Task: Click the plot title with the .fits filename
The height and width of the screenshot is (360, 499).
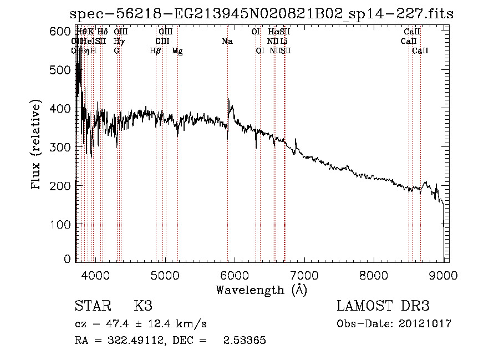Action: coord(262,14)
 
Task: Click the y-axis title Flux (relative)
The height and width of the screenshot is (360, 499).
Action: coord(37,146)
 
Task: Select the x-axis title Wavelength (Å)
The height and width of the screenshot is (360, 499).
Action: coord(261,290)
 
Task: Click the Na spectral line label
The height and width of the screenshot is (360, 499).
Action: coord(227,41)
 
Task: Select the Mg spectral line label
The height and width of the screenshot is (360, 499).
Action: coord(177,51)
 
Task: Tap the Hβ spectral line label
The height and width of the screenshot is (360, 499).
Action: coord(156,51)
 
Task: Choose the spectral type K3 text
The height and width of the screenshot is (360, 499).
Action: coord(143,306)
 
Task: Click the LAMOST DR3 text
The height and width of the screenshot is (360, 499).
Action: coord(383,306)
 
